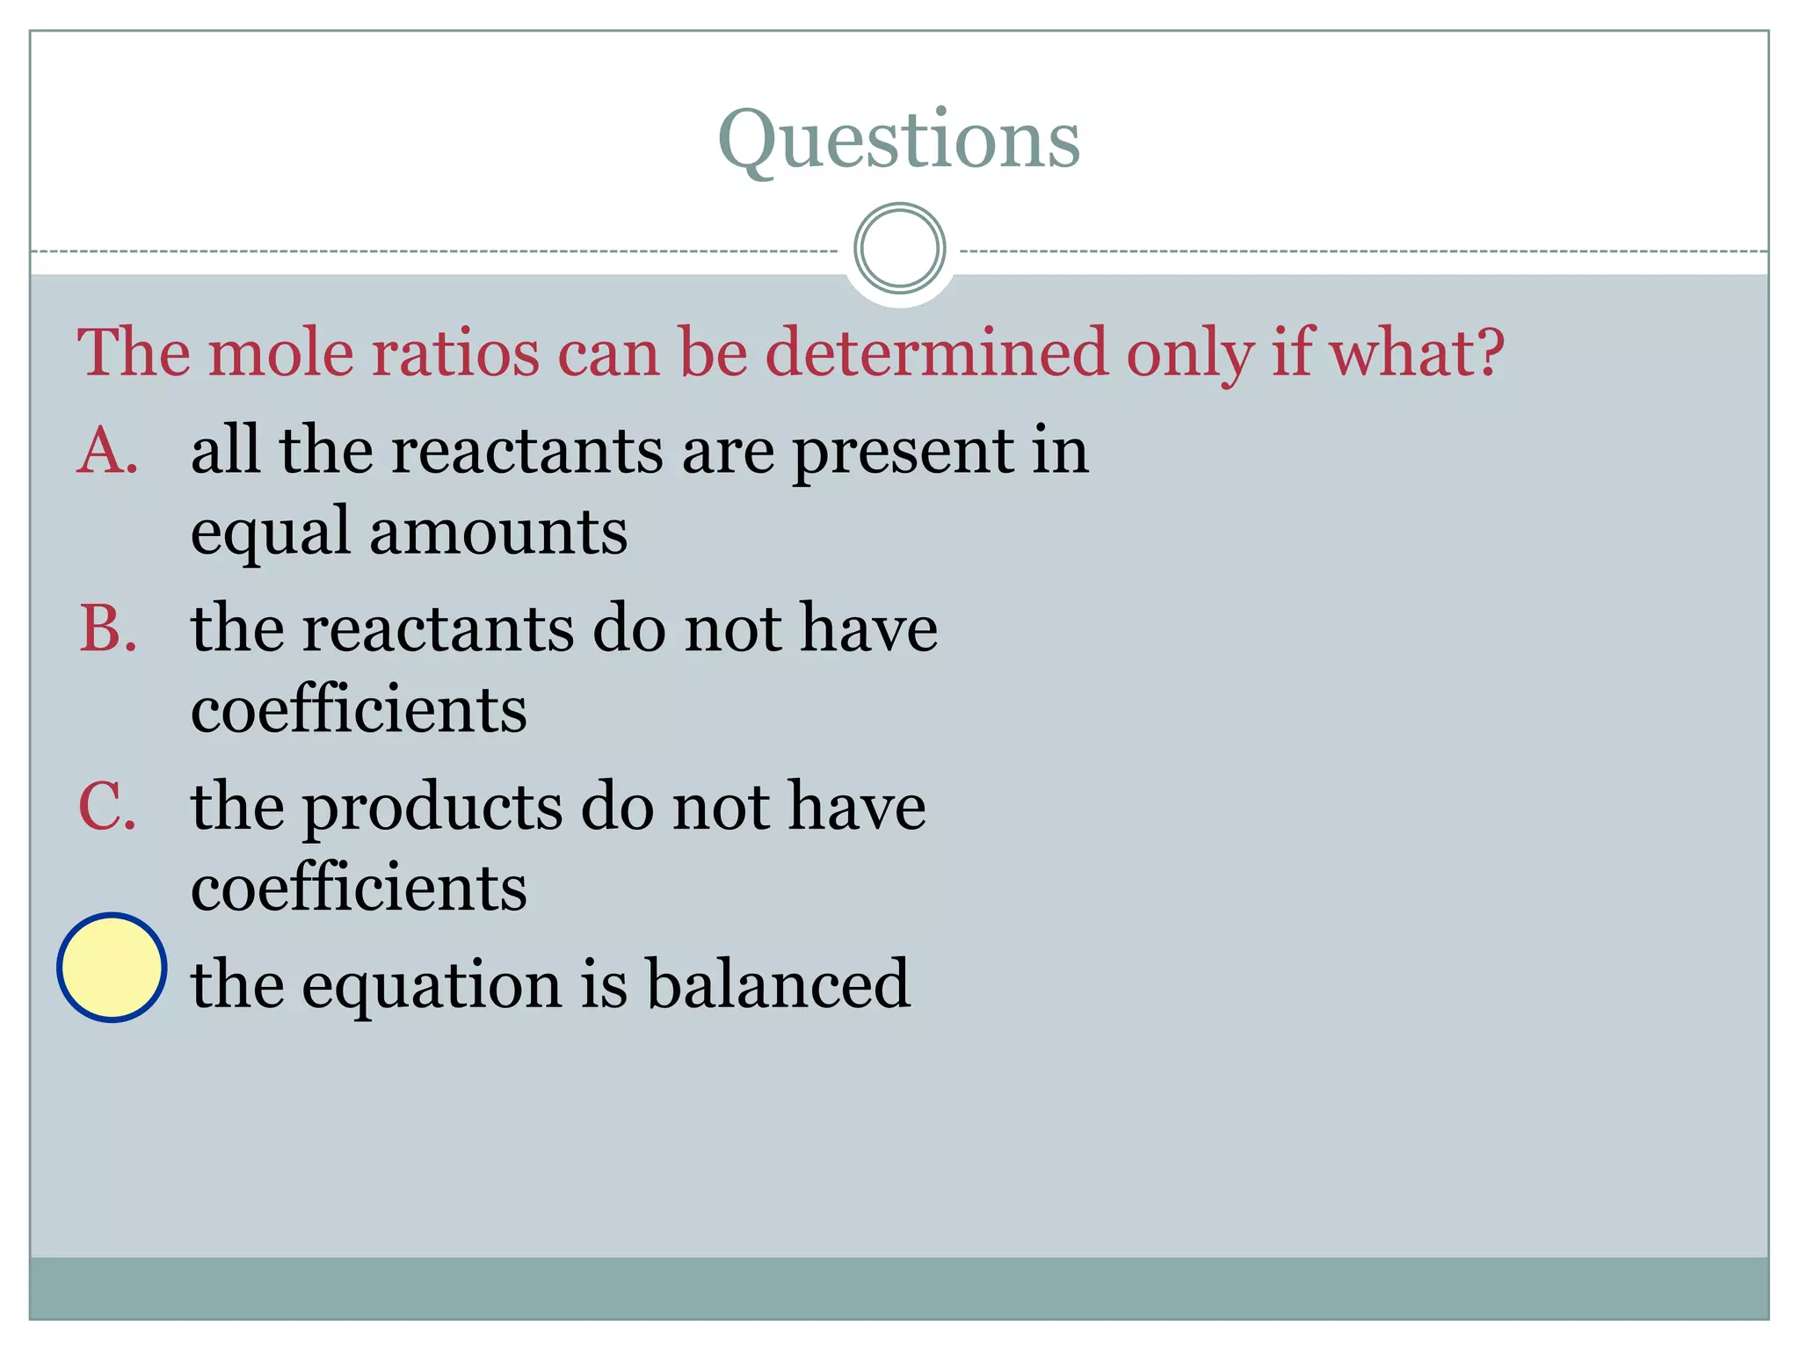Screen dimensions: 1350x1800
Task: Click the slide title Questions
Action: click(898, 141)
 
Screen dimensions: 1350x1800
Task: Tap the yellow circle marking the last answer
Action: click(112, 967)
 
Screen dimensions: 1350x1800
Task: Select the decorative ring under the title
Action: click(899, 249)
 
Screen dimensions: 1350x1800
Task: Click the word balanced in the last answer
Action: click(778, 983)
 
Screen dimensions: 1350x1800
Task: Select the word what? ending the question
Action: click(1417, 352)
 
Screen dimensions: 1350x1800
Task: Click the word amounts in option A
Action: click(498, 532)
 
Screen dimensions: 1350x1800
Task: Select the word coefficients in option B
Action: click(359, 709)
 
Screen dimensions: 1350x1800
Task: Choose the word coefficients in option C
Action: click(359, 888)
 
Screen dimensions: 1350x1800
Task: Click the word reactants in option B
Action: click(438, 629)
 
